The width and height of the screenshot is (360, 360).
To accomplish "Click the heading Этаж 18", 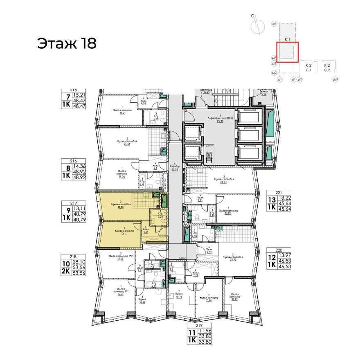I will (67, 43).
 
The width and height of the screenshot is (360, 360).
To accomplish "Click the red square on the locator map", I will (288, 52).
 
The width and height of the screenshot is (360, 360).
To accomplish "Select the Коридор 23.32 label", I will (175, 167).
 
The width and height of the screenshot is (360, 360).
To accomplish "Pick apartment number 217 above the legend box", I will (74, 202).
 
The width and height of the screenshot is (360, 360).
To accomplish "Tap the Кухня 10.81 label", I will (142, 300).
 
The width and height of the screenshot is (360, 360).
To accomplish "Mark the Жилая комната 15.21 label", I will (122, 112).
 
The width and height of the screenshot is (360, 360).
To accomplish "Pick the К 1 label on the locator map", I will (287, 39).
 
